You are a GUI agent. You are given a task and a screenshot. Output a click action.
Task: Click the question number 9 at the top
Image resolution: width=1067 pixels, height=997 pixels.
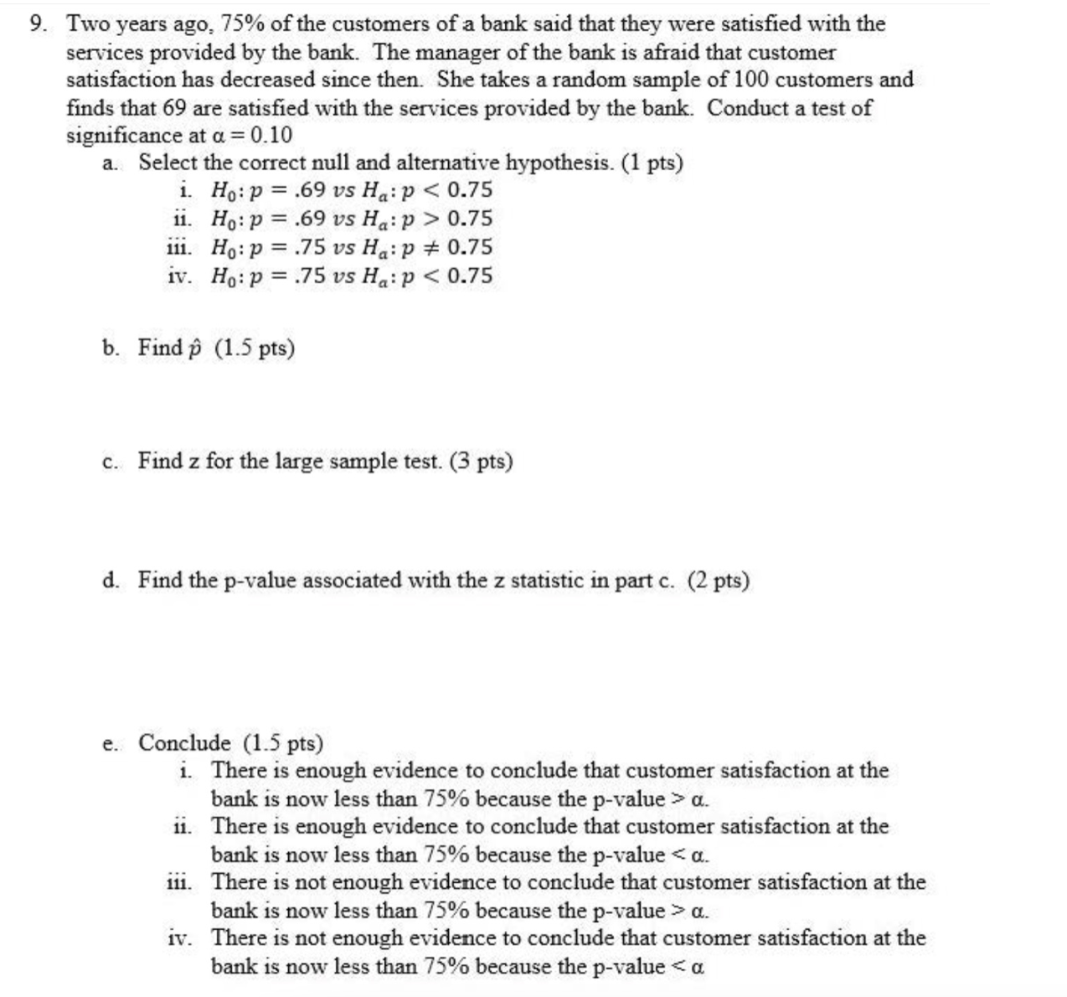click(x=37, y=24)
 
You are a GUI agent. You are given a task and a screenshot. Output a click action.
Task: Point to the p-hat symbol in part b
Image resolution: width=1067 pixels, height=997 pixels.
click(x=198, y=348)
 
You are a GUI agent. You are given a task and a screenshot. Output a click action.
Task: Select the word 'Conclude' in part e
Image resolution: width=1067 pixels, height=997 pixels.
click(x=184, y=742)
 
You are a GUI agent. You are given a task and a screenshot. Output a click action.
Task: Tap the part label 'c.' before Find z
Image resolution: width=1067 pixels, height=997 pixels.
click(x=110, y=462)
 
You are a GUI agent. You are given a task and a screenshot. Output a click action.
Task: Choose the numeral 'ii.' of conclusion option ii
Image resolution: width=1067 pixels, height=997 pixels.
click(x=182, y=826)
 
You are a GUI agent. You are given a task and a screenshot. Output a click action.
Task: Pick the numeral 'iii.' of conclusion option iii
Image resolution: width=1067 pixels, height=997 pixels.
click(x=178, y=882)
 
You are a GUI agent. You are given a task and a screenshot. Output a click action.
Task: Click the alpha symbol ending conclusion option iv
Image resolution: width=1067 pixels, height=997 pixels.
click(x=698, y=967)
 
